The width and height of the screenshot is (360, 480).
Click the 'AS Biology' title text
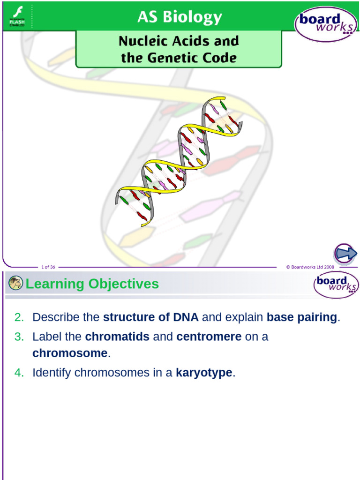(x=180, y=17)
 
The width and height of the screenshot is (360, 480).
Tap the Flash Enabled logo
(x=17, y=16)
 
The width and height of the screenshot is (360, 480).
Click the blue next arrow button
(x=345, y=254)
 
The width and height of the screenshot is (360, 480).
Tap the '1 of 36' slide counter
(x=48, y=267)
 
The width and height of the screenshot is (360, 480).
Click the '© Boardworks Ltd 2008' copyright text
(x=310, y=267)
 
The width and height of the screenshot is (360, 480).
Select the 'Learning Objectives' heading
(x=92, y=284)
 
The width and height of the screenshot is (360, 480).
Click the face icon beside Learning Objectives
(x=15, y=283)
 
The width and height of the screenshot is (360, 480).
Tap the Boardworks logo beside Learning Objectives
(x=336, y=284)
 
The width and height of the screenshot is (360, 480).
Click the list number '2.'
(x=19, y=317)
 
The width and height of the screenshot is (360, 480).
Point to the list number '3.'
(x=19, y=337)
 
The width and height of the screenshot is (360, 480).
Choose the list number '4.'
(x=19, y=373)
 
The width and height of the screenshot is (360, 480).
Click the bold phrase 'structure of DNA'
(x=150, y=317)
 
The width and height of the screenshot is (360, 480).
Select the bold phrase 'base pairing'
(x=301, y=317)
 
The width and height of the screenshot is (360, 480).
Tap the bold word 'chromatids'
(x=117, y=337)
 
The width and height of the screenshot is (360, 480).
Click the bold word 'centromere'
(x=209, y=337)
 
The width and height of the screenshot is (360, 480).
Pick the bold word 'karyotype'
(x=204, y=373)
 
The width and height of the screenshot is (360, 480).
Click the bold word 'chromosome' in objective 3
(x=70, y=353)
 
